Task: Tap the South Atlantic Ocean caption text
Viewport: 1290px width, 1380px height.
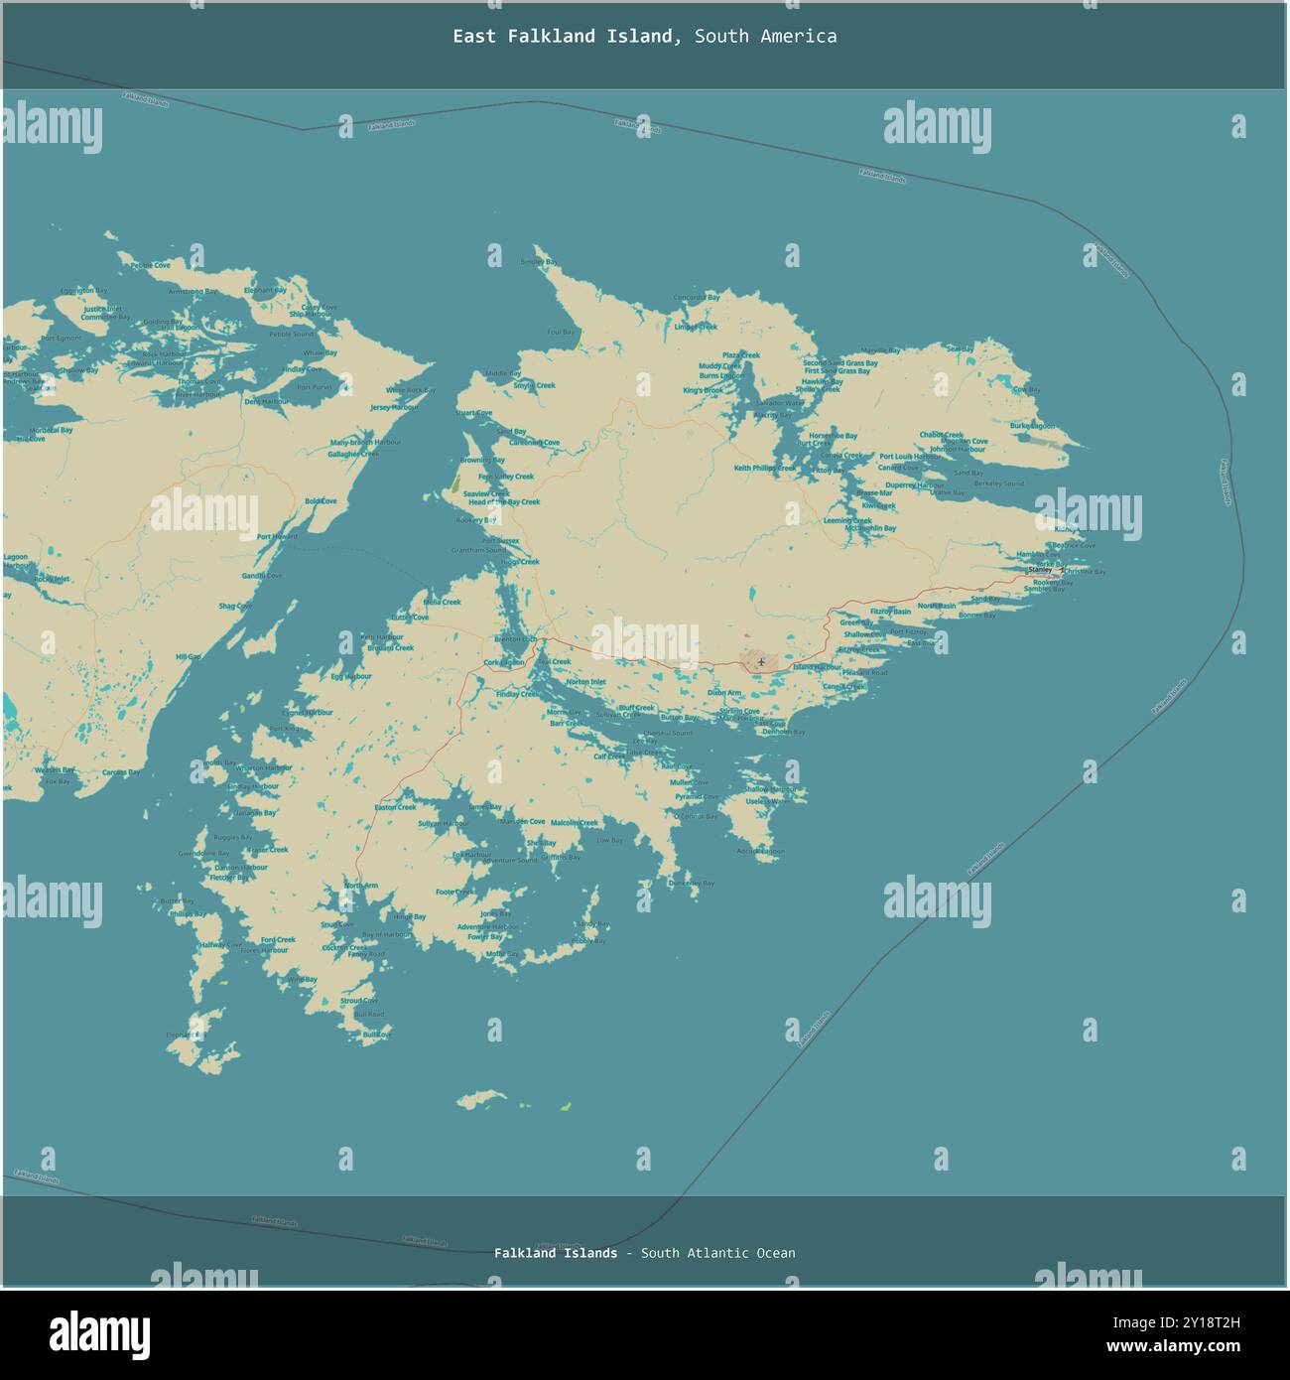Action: [717, 1253]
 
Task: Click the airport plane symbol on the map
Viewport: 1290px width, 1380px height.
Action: [760, 662]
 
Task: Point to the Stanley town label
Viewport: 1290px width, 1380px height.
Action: [1040, 570]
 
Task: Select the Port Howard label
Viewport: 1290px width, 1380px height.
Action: [277, 537]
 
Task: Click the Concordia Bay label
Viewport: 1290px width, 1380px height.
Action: [696, 297]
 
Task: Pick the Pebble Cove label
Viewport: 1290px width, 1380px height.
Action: [150, 266]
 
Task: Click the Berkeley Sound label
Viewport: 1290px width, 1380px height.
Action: [999, 483]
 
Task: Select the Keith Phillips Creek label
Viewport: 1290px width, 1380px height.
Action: [763, 468]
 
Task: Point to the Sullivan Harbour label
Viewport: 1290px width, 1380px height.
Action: [444, 824]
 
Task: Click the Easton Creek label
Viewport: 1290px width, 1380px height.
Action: [395, 807]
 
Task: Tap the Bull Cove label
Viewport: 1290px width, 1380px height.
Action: [377, 1035]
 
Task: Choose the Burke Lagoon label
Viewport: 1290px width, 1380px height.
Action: [1033, 426]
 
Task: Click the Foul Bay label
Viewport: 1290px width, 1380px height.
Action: [561, 332]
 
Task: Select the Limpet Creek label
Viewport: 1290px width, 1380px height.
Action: [696, 327]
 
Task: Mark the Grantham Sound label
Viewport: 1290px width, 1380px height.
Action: [478, 550]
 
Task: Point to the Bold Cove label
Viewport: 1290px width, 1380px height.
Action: [321, 501]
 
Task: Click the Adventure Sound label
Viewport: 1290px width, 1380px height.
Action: [509, 860]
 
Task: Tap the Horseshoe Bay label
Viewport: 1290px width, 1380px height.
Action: [833, 436]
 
